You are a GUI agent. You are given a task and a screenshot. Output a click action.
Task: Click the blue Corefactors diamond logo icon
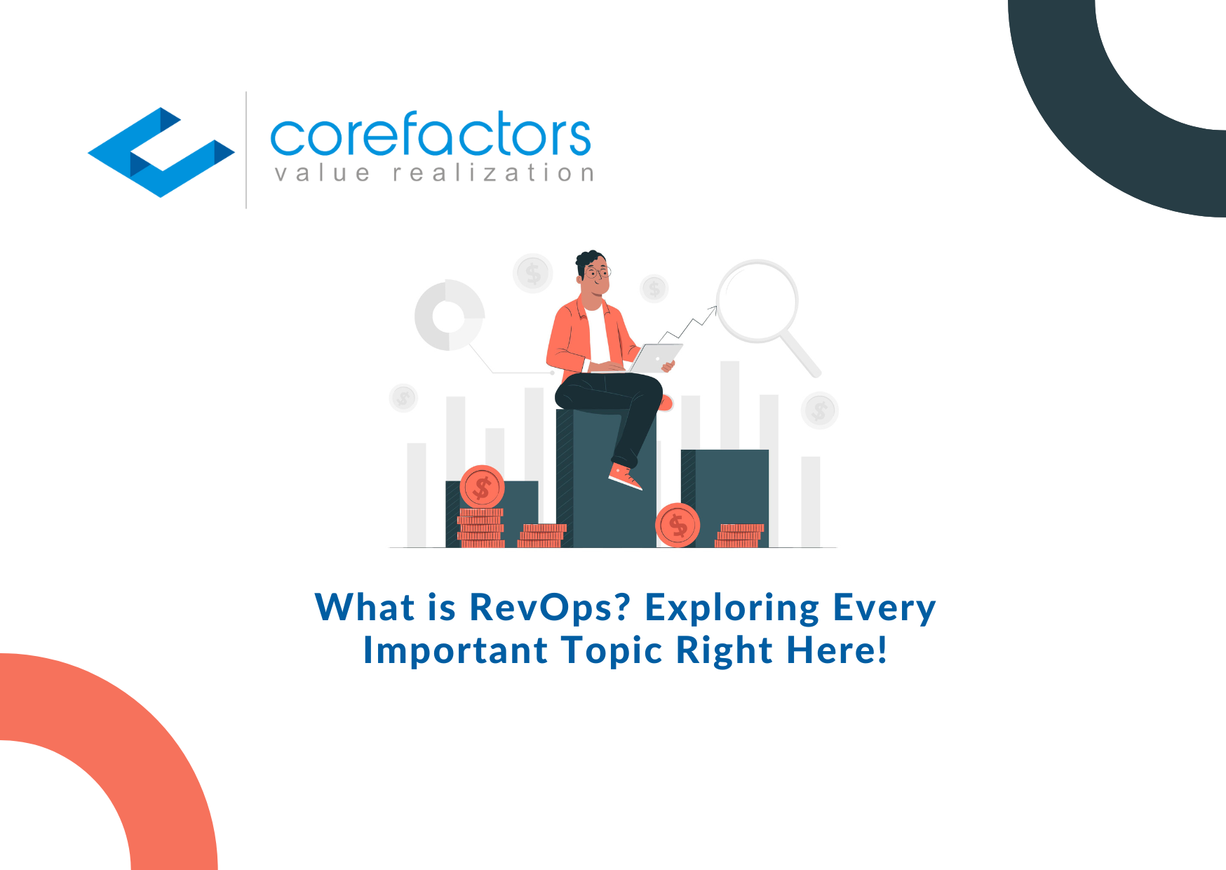(160, 152)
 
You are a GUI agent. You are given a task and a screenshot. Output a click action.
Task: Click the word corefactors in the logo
(430, 134)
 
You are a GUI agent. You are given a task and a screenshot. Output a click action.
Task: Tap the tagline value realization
(434, 173)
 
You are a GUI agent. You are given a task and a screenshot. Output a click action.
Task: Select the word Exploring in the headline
(732, 608)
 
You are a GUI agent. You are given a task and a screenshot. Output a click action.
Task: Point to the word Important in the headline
(455, 650)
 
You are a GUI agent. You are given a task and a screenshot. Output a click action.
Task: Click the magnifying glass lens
(757, 301)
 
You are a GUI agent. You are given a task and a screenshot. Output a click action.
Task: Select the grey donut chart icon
(450, 316)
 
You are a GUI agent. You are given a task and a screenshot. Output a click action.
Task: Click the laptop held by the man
(655, 358)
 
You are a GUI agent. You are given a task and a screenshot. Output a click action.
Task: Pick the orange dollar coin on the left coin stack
(482, 487)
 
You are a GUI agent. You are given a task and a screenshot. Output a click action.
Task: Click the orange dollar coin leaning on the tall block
(678, 525)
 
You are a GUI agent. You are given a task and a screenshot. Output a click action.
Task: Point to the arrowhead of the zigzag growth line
(714, 309)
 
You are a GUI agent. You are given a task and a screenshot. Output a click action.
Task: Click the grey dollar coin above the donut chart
(533, 273)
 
